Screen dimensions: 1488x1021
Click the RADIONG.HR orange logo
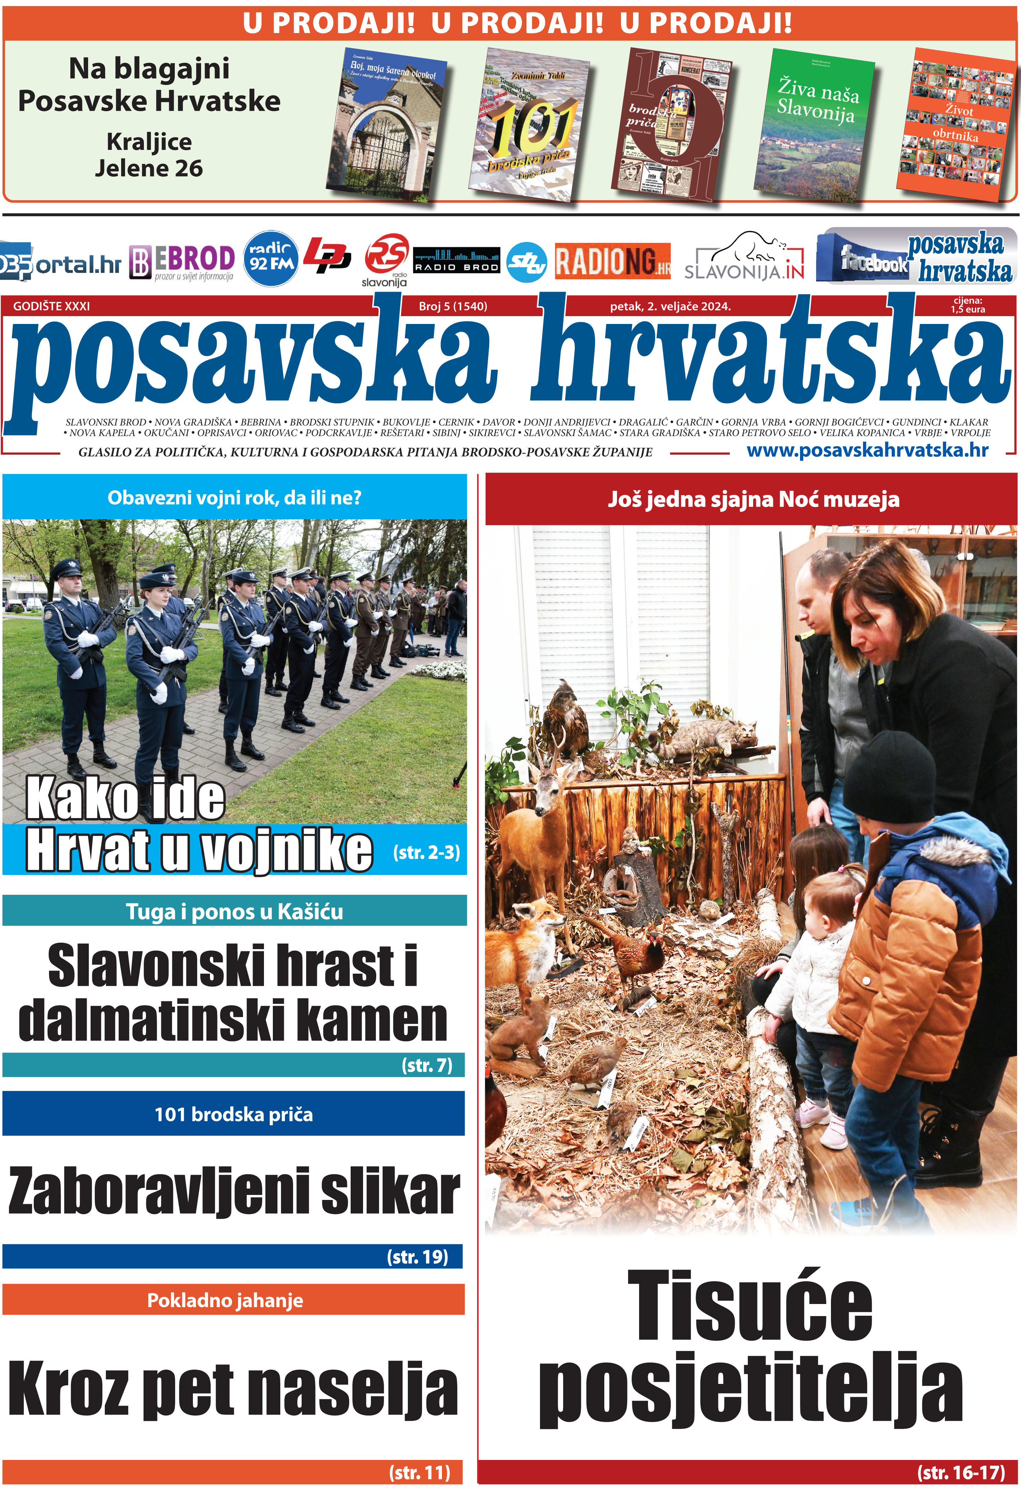tap(612, 261)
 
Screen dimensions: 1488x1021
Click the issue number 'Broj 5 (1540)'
tap(453, 306)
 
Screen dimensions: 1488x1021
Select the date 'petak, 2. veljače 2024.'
tap(670, 306)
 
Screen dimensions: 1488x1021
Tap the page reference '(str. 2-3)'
tap(426, 852)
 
